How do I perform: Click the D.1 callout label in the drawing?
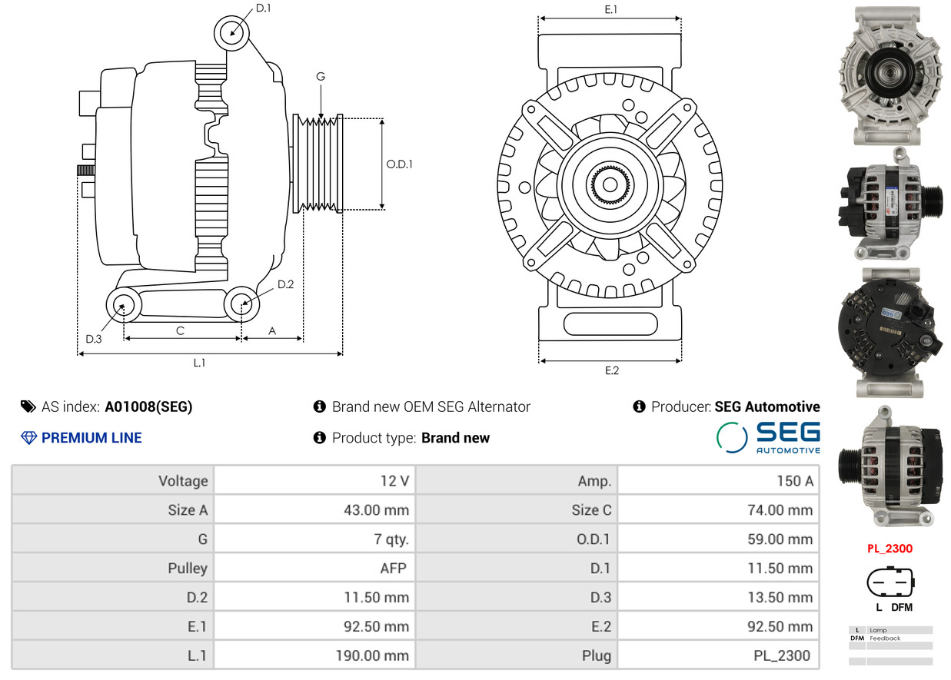point(263,8)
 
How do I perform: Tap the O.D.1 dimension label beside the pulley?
point(399,164)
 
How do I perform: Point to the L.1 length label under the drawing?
point(199,363)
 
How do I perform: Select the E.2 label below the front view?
point(612,371)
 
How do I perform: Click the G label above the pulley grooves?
point(321,77)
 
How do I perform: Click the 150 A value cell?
point(795,481)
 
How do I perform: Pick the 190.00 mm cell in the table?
point(372,655)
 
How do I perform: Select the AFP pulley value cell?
point(393,568)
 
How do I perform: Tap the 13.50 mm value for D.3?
point(780,597)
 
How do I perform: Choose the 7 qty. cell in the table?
point(391,539)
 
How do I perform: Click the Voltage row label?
point(183,481)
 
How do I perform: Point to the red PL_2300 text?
point(889,549)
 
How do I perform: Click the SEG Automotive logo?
point(768,437)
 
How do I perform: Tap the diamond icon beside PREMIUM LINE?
point(29,438)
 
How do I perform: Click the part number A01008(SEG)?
point(148,406)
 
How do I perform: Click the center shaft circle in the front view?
point(610,184)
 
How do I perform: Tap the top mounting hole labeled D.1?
point(231,33)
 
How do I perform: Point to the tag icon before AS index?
point(28,406)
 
